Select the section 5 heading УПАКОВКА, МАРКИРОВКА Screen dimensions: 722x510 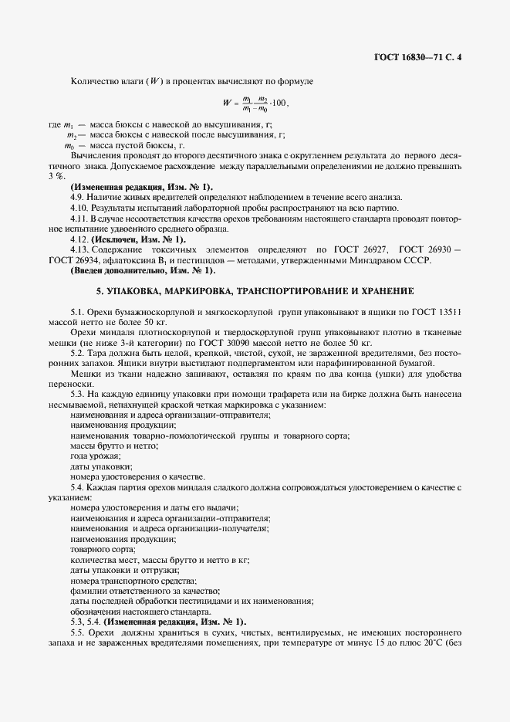255,290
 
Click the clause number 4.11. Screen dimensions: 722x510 79,219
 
